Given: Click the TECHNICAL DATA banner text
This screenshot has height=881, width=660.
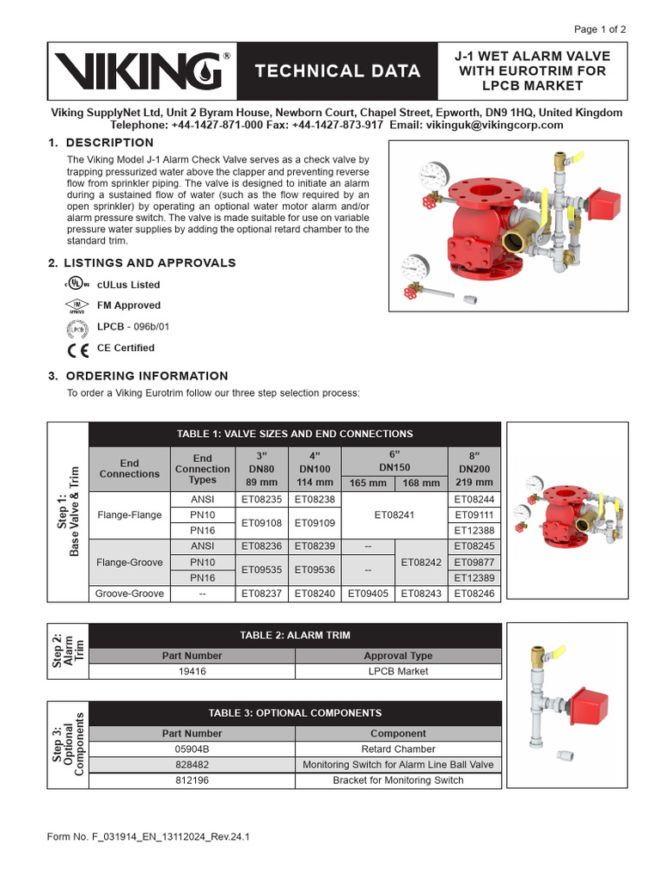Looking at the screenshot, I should [x=338, y=71].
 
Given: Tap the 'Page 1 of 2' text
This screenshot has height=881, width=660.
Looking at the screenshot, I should [x=600, y=29].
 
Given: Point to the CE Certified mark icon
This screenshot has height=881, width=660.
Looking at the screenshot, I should [x=76, y=349].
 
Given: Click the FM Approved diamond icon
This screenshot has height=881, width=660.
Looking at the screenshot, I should [x=76, y=305].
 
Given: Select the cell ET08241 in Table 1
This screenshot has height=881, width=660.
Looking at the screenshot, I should [x=394, y=514].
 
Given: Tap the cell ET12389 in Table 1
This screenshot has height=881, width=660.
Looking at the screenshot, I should [x=474, y=578].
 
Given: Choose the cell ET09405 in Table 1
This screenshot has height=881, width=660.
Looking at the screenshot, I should [x=367, y=594].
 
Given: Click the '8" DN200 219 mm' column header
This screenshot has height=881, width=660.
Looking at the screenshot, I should [x=474, y=469].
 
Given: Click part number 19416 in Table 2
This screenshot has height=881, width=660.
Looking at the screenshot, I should [x=192, y=671].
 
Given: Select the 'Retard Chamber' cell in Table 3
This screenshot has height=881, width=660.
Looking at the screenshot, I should [x=398, y=749].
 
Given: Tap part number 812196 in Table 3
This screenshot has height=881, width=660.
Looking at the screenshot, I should [x=192, y=780].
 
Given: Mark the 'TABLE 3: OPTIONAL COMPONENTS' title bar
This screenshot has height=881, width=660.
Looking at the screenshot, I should [x=295, y=713].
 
